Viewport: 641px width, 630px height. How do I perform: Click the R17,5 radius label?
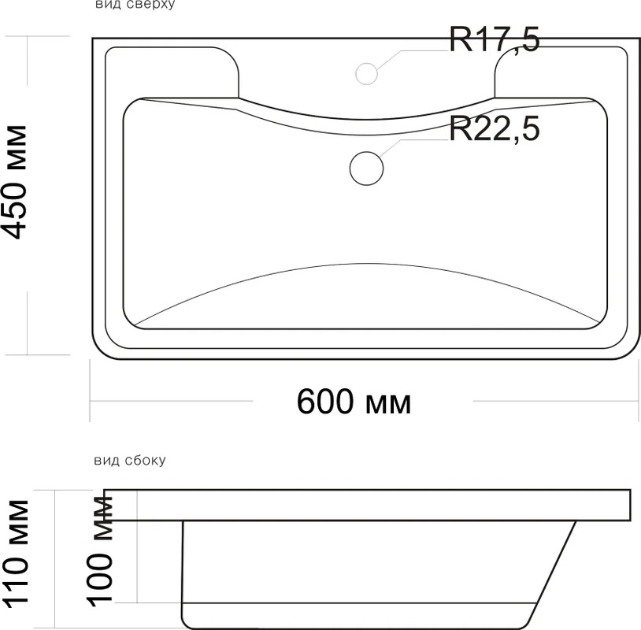495,39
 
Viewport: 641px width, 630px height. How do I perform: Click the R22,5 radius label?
495,129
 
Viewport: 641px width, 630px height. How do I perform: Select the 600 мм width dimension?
354,402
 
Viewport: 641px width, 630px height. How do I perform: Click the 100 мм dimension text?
99,550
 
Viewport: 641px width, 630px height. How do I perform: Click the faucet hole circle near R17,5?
367,73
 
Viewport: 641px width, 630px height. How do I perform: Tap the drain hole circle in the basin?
367,168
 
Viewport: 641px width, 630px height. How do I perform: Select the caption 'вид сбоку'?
130,461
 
